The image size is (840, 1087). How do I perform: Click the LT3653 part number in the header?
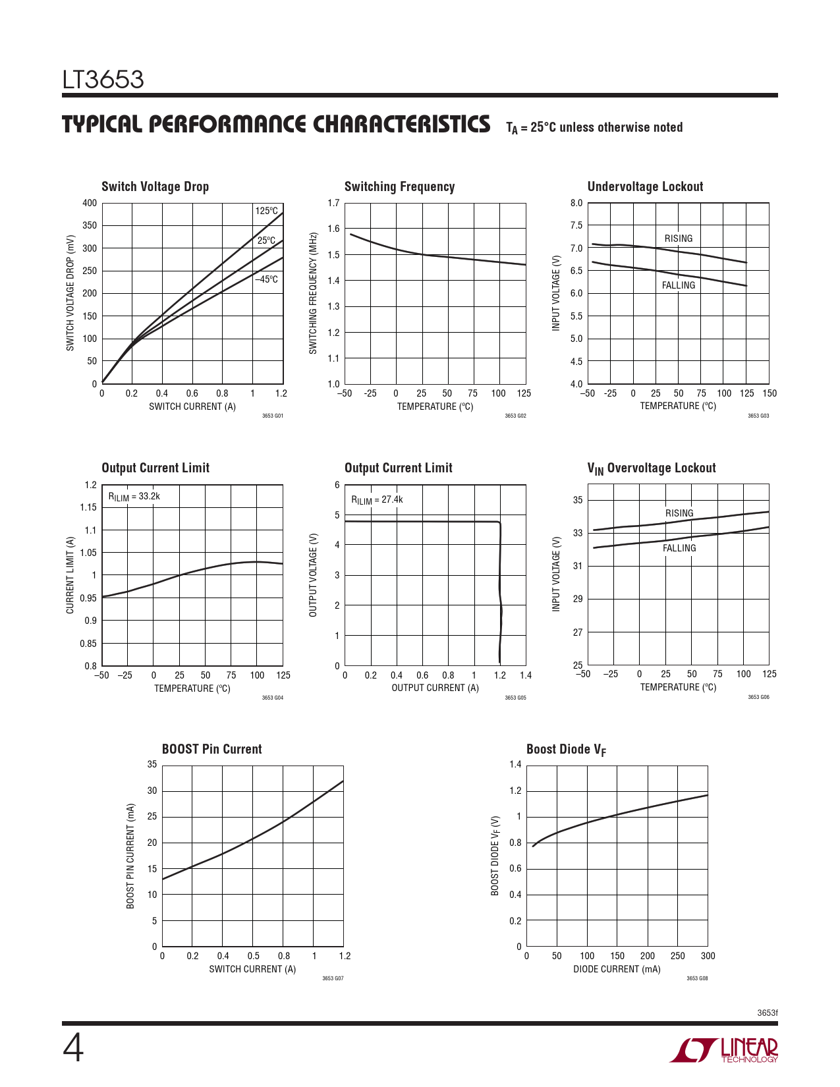pyautogui.click(x=103, y=80)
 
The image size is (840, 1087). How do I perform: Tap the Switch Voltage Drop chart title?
pyautogui.click(x=155, y=186)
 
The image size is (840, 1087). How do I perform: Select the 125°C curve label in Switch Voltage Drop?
pyautogui.click(x=267, y=211)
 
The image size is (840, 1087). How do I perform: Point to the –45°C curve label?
pyautogui.click(x=267, y=279)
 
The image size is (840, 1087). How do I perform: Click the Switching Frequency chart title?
pyautogui.click(x=399, y=186)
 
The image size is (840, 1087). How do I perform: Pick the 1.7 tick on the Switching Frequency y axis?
pyautogui.click(x=333, y=203)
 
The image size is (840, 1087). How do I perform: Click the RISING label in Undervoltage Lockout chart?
pyautogui.click(x=678, y=238)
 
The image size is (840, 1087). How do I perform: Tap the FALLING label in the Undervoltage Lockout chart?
pyautogui.click(x=678, y=285)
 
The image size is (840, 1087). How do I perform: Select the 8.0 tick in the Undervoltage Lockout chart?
pyautogui.click(x=576, y=203)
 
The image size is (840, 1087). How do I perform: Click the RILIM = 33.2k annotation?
pyautogui.click(x=134, y=497)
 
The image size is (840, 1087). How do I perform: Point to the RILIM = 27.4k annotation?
pyautogui.click(x=376, y=500)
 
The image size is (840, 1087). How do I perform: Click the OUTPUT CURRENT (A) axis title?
pyautogui.click(x=435, y=688)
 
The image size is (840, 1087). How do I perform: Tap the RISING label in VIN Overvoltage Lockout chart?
pyautogui.click(x=679, y=513)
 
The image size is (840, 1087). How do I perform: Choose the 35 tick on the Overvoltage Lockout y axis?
pyautogui.click(x=577, y=500)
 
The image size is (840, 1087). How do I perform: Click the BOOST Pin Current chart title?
pyautogui.click(x=211, y=749)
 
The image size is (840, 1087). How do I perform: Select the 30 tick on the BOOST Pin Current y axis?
pyautogui.click(x=152, y=791)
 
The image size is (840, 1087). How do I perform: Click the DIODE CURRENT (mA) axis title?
pyautogui.click(x=617, y=969)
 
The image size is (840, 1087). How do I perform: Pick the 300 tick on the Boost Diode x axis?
pyautogui.click(x=708, y=956)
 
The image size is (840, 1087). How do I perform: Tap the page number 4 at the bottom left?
pyautogui.click(x=73, y=1049)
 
